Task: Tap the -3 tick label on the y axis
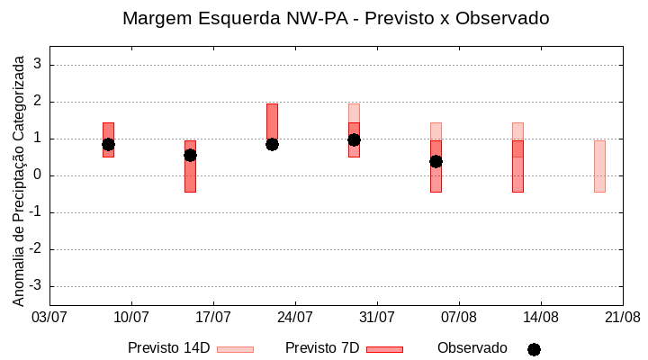35,286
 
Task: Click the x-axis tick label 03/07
49,318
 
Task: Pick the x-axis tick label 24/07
295,318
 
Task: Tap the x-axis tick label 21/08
622,318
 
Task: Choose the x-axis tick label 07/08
459,318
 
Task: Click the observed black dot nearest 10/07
108,144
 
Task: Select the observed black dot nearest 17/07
190,155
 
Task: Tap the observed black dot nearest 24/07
272,144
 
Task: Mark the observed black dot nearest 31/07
354,139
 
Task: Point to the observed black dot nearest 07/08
436,161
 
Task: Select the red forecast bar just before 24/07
272,122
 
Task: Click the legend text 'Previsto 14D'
168,348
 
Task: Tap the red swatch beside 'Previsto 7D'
384,349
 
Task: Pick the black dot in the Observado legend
534,349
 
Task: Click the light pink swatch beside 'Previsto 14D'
235,349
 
